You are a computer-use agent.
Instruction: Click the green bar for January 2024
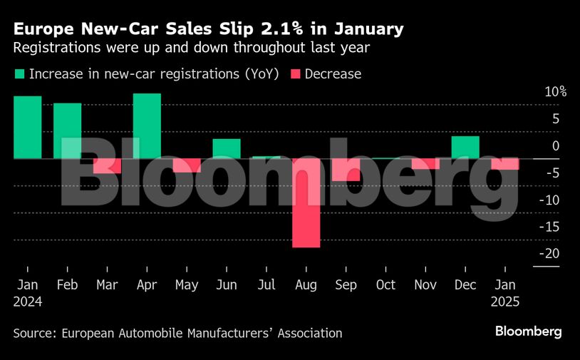[x=27, y=127]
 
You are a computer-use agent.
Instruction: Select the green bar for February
[x=67, y=130]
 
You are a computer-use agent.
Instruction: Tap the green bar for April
[x=147, y=125]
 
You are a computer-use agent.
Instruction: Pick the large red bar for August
[x=306, y=203]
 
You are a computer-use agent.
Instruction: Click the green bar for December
[x=465, y=147]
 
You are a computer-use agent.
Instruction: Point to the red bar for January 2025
[x=505, y=164]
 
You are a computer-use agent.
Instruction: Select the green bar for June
[x=227, y=148]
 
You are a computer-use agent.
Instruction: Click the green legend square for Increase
[x=19, y=73]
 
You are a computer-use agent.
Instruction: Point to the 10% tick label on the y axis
[x=555, y=92]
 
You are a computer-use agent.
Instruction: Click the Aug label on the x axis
[x=306, y=284]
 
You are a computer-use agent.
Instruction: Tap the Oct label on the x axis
[x=385, y=284]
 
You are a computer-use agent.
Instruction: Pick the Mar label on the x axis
[x=107, y=284]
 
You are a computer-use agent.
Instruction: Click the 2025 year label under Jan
[x=505, y=301]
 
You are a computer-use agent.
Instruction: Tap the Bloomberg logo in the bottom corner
[x=529, y=331]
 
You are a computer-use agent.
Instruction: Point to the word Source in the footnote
[x=33, y=333]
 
